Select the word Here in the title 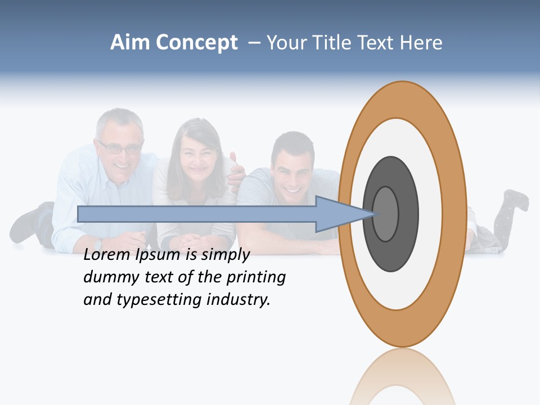click(x=421, y=43)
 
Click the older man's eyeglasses click(x=120, y=148)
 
